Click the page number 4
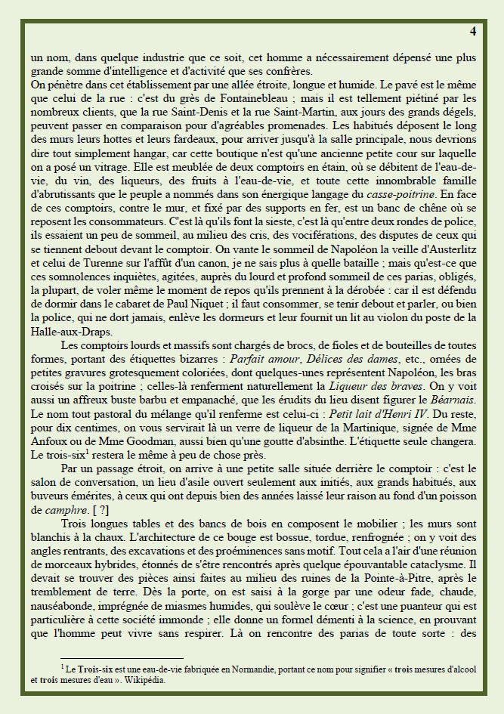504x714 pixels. point(472,32)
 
